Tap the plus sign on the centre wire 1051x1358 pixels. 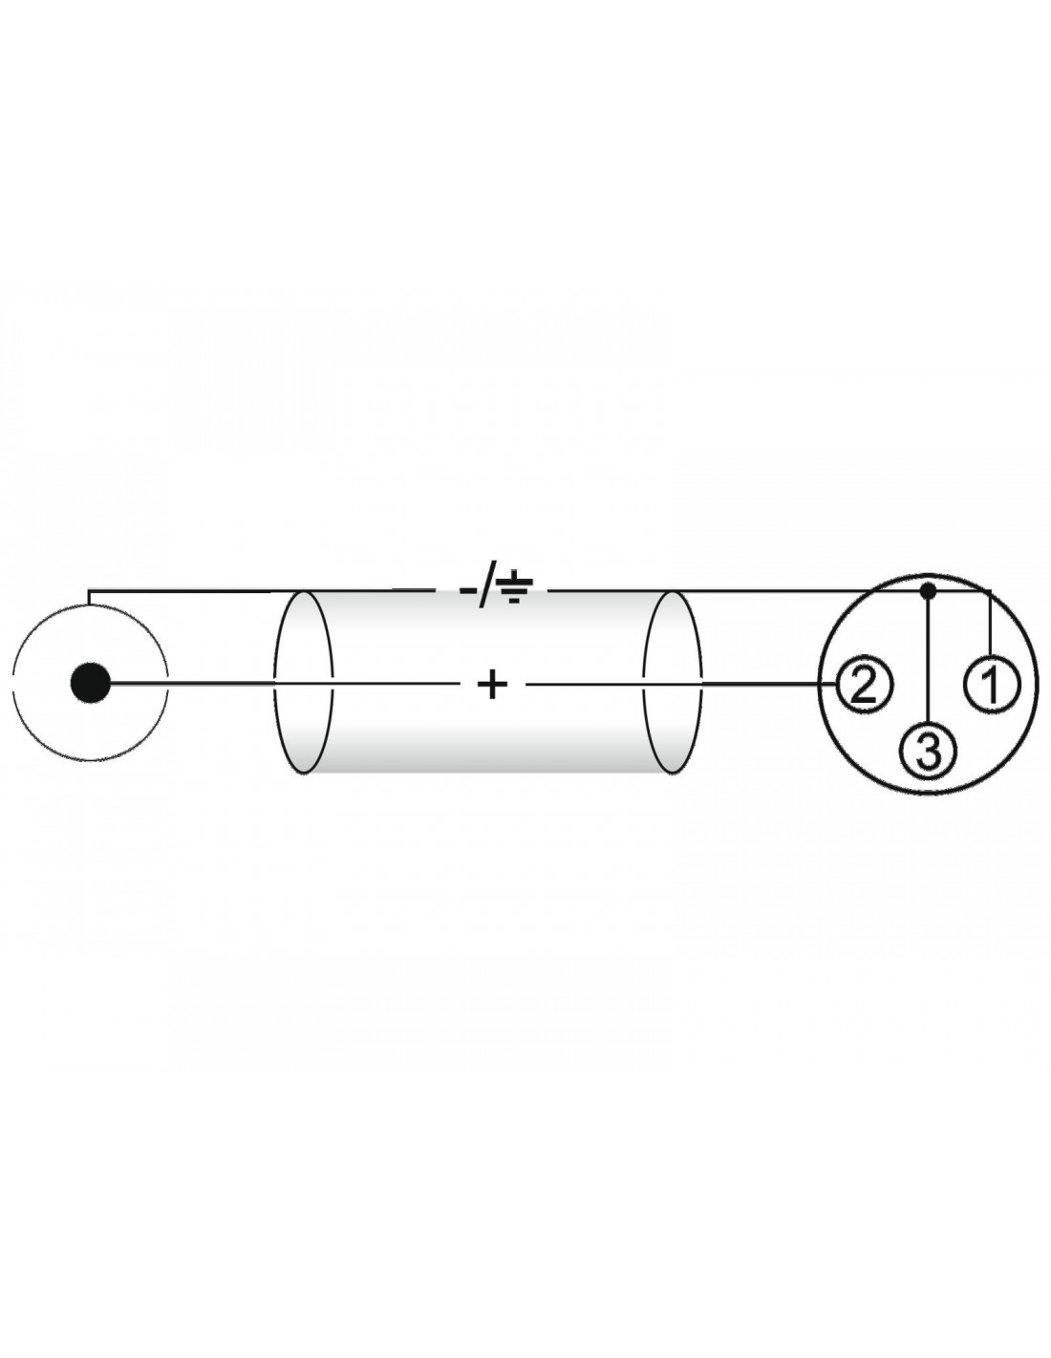[493, 685]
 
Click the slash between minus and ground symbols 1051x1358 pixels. [486, 585]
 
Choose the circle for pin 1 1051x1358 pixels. [992, 685]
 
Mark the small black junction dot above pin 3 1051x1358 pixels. [929, 589]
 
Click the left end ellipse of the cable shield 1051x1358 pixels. [303, 683]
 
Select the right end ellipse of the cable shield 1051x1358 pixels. [672, 683]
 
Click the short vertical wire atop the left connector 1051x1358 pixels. [89, 598]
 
